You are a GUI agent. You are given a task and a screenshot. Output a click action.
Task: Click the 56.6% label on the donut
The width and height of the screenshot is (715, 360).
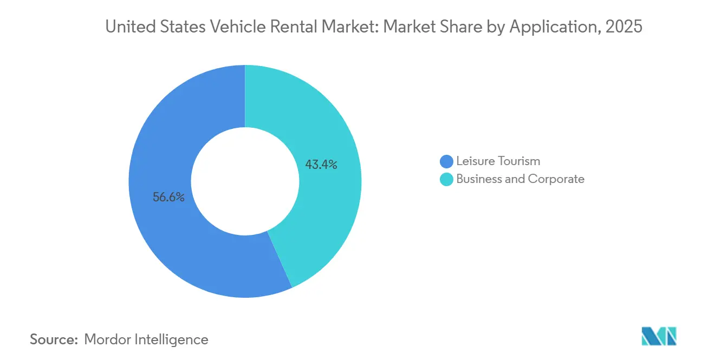click(x=168, y=198)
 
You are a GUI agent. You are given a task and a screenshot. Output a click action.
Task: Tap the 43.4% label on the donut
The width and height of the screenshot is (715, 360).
click(x=321, y=165)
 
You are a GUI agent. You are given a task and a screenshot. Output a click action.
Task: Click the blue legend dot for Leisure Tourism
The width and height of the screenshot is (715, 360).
click(x=447, y=161)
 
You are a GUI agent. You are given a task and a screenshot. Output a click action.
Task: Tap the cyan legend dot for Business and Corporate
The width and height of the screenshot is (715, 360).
click(x=447, y=179)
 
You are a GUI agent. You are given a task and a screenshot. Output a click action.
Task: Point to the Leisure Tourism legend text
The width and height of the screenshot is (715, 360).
click(x=498, y=161)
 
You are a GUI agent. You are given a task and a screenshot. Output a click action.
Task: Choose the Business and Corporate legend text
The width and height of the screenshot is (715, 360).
click(x=520, y=179)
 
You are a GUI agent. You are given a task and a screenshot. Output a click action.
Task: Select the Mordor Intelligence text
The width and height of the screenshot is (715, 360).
click(x=146, y=340)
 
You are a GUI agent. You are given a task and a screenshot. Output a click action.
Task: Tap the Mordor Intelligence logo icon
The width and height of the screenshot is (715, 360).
click(x=659, y=336)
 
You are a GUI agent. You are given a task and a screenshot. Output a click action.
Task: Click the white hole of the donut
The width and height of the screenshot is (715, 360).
click(x=245, y=181)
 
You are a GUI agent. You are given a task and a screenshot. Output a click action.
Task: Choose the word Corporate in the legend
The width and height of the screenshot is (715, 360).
click(x=556, y=179)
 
